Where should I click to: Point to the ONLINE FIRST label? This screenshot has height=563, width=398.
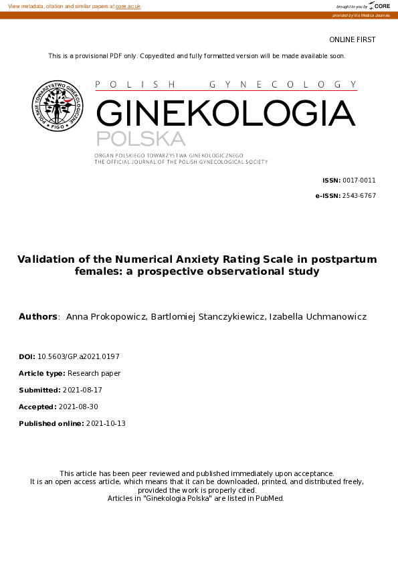[x=353, y=40]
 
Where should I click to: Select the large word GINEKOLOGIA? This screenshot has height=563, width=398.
[x=226, y=113]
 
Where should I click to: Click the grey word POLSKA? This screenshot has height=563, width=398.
[x=140, y=139]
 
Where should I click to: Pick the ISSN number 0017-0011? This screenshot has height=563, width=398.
[x=359, y=181]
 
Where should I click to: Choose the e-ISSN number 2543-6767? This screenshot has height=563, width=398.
[x=359, y=195]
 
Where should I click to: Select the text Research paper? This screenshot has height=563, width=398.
[x=94, y=374]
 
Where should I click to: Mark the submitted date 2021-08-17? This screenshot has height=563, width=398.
[x=82, y=390]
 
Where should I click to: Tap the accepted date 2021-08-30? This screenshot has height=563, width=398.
[x=80, y=407]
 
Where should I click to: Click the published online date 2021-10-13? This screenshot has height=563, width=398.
[x=106, y=423]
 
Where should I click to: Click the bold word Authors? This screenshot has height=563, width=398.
[x=38, y=316]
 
